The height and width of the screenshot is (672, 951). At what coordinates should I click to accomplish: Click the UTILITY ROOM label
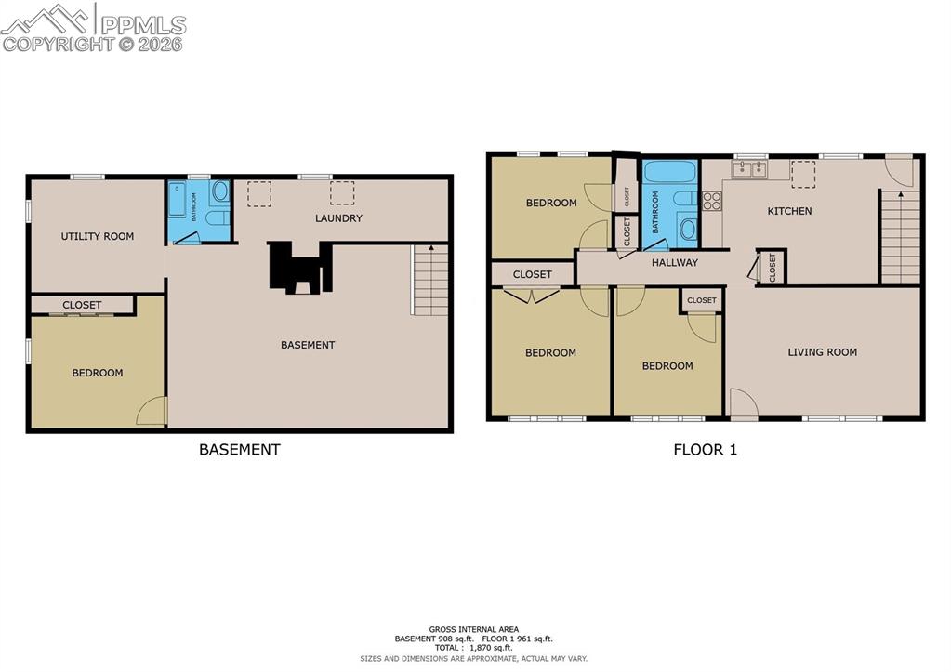pos(98,236)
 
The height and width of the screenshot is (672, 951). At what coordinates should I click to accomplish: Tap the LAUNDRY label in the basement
pos(338,218)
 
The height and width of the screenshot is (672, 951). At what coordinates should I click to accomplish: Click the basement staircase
pos(429,281)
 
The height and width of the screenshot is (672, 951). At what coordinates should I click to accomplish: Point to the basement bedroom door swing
pos(152,412)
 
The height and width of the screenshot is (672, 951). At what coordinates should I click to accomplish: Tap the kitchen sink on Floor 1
pos(748,168)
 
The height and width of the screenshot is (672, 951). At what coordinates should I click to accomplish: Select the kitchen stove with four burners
pos(712,201)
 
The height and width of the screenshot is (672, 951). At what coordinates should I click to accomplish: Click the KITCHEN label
pos(789,211)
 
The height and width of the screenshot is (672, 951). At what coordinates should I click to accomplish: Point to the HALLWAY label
pos(674,263)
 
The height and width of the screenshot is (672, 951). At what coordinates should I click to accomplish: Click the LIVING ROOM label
pos(822,352)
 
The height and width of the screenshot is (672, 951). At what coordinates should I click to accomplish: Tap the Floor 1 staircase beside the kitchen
pos(899,237)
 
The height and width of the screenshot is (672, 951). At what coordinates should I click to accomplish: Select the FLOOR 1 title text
pos(705,450)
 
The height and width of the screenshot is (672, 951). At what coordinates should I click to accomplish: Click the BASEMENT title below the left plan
pos(239,450)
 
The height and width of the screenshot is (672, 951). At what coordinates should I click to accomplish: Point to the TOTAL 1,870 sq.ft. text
pos(474,647)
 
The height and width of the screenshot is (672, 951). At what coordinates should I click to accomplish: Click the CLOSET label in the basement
pos(82,305)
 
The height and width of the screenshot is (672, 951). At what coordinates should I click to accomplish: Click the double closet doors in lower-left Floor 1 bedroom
pos(531,295)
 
